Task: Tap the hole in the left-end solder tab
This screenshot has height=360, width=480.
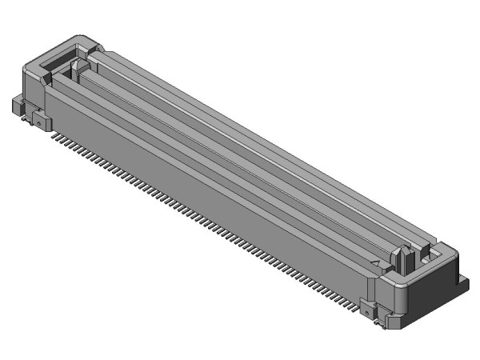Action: (38, 122)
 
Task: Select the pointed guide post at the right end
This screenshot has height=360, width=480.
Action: (405, 258)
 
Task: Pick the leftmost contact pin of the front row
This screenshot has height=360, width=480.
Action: (54, 137)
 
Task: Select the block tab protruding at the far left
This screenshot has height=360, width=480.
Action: (18, 105)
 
